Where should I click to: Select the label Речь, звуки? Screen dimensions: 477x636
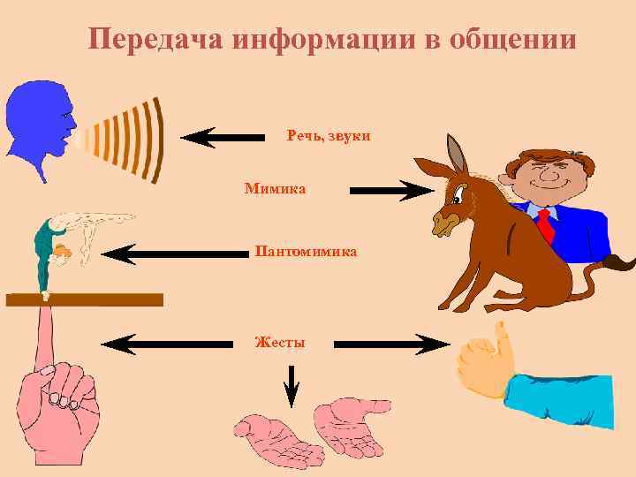point(329,136)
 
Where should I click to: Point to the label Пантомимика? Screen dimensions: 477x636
point(306,252)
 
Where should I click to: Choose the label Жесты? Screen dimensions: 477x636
point(279,342)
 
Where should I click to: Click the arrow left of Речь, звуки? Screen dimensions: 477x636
point(223,137)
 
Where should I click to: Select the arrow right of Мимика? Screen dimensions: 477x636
point(389,190)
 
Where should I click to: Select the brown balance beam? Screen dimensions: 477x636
point(84,299)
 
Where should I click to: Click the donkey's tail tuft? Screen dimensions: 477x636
point(622,261)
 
